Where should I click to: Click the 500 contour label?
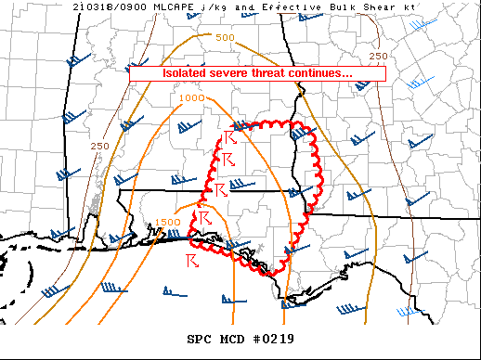[224, 38]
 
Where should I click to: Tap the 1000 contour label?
[192, 97]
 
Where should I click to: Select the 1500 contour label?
[168, 223]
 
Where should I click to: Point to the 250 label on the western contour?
[100, 147]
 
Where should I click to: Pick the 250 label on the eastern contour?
[378, 56]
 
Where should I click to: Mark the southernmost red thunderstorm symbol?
[193, 255]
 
